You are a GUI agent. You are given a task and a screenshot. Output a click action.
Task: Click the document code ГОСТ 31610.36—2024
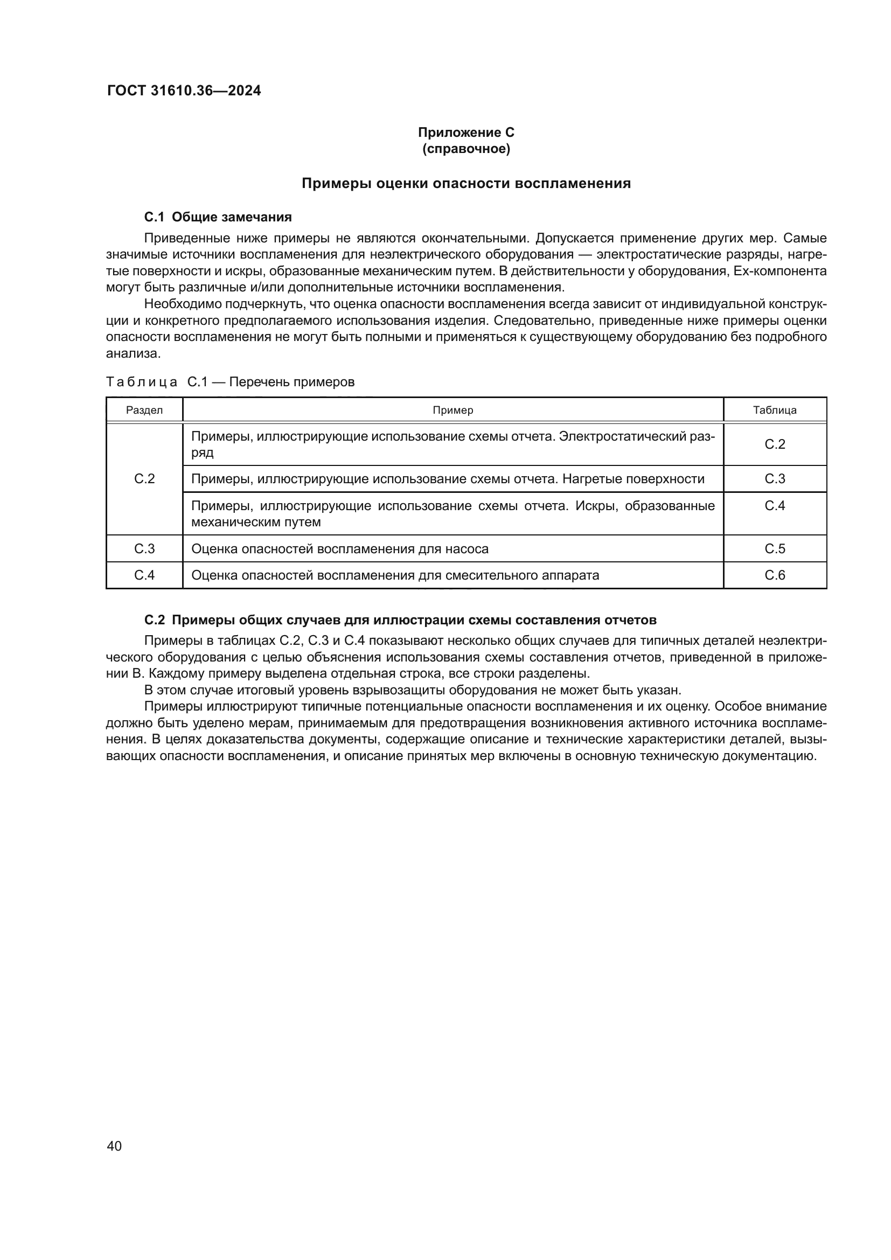(x=184, y=91)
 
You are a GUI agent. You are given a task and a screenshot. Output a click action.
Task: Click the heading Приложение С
(x=466, y=133)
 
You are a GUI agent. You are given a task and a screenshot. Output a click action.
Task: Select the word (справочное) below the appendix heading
(x=466, y=149)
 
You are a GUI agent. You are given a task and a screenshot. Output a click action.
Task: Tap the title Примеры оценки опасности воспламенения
(x=466, y=183)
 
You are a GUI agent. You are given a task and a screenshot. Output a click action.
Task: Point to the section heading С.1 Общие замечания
(x=218, y=217)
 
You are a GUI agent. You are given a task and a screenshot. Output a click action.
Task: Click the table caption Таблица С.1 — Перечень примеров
(x=230, y=382)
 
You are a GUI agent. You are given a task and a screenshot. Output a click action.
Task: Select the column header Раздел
(x=144, y=410)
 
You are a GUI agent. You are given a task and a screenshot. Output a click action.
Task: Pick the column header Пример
(x=453, y=410)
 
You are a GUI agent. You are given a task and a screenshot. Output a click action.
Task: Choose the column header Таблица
(x=775, y=410)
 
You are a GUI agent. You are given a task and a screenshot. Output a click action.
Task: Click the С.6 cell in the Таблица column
(x=775, y=575)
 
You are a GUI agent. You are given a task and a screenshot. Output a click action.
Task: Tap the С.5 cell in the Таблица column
(x=775, y=549)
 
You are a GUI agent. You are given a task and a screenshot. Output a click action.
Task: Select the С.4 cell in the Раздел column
(x=144, y=575)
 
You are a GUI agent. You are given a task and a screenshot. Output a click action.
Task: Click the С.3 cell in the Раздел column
(x=144, y=549)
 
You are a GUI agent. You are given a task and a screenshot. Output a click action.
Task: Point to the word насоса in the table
(x=467, y=549)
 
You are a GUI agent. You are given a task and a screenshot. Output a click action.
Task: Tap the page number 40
(x=114, y=1146)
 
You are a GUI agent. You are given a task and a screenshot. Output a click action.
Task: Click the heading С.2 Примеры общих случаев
(x=400, y=620)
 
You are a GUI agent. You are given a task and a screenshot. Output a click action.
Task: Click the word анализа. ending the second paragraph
(x=133, y=353)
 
